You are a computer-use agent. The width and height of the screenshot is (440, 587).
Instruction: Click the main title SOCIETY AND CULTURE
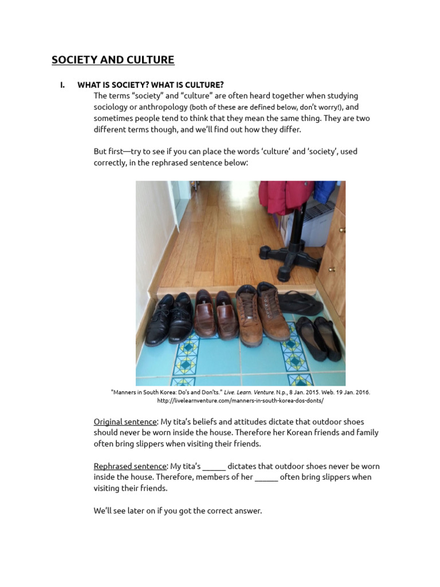click(113, 60)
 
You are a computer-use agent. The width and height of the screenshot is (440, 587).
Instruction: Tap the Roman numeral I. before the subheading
click(62, 85)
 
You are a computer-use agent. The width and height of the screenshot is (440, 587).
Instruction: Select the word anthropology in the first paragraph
click(163, 107)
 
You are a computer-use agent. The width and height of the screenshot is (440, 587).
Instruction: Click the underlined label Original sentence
click(125, 422)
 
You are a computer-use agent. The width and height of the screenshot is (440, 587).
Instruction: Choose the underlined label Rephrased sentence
click(130, 467)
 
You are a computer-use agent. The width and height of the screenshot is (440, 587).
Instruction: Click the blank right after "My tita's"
click(214, 469)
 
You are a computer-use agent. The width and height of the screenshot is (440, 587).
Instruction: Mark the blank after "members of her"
click(266, 480)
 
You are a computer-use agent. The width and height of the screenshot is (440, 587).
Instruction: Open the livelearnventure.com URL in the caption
click(240, 401)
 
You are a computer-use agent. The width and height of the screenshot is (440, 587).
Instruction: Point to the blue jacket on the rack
click(325, 191)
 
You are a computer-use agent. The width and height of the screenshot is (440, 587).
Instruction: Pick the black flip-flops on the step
click(300, 303)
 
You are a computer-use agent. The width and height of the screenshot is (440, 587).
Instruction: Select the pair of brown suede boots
click(262, 314)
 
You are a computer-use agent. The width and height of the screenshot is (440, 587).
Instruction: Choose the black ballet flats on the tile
click(319, 338)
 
